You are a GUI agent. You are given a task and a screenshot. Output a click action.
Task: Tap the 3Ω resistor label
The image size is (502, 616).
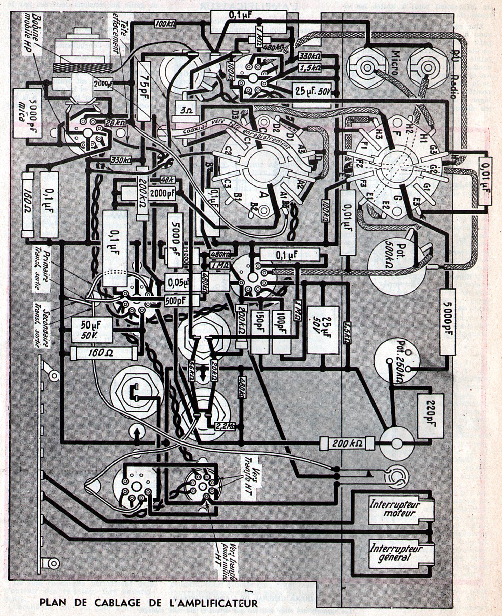coord(184,111)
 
